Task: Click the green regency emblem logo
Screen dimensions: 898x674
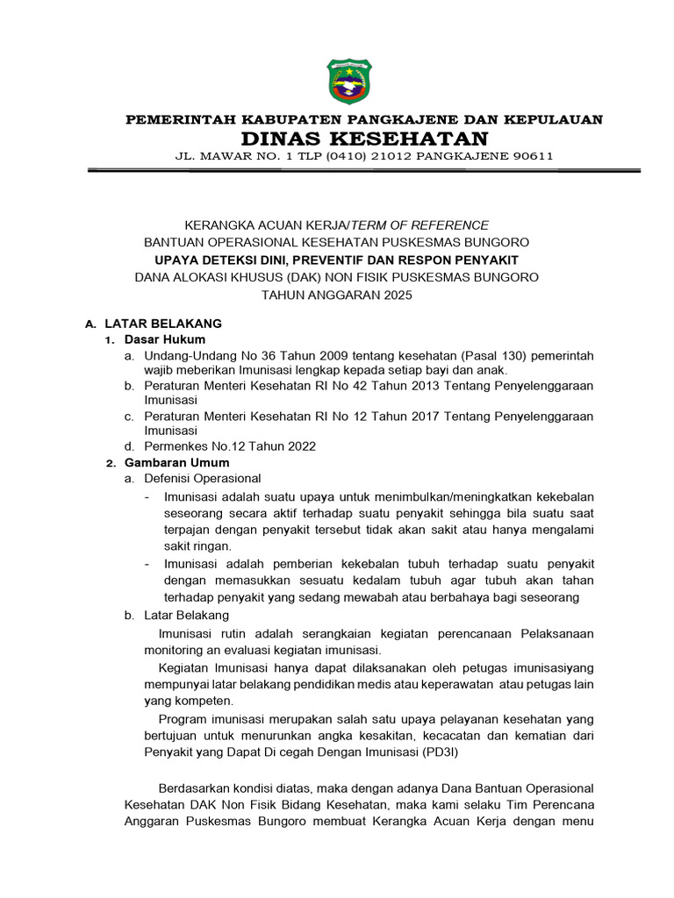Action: coord(349,82)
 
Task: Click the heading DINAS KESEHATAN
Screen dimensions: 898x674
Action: coord(364,139)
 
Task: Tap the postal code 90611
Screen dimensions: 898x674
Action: coord(529,157)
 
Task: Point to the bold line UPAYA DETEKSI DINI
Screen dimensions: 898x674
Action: coord(336,260)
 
